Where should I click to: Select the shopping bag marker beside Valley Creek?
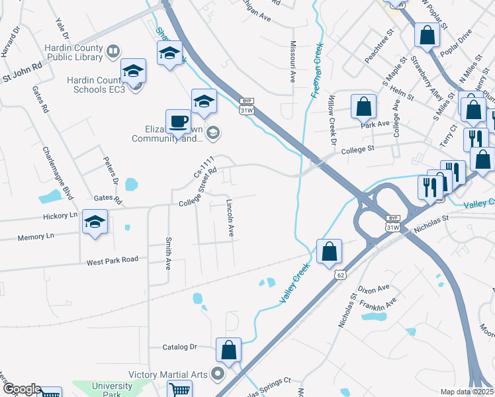click(329, 252)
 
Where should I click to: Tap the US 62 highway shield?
click(339, 274)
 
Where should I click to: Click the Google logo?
click(21, 390)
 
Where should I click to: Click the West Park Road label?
click(112, 261)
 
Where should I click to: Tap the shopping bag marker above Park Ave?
click(363, 107)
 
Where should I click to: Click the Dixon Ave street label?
click(374, 289)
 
